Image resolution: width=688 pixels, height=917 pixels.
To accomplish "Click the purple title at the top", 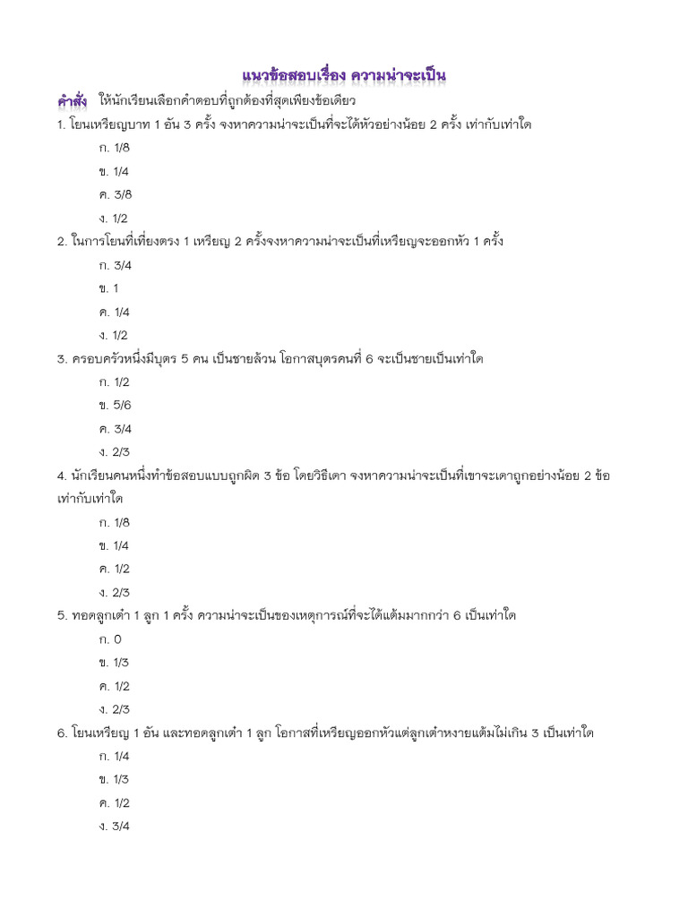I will pos(344,73).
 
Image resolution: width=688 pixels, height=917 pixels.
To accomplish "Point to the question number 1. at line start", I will pos(60,124).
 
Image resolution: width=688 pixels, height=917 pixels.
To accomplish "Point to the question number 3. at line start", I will pos(61,359).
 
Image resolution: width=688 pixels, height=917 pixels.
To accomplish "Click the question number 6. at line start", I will pos(61,733).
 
